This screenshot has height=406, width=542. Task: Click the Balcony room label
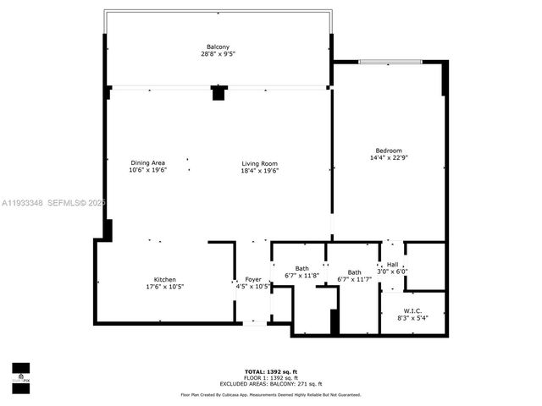(x=218, y=47)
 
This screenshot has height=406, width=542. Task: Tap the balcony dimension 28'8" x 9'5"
(x=218, y=54)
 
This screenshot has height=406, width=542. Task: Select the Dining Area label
(x=147, y=163)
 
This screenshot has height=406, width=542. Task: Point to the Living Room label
(x=260, y=163)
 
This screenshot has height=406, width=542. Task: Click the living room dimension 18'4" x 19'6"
(x=260, y=171)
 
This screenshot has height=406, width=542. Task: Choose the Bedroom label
(x=390, y=150)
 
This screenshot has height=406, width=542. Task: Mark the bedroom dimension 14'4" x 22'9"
(x=390, y=157)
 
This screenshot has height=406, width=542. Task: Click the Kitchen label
(x=164, y=279)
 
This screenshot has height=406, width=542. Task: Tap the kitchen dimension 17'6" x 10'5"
(x=164, y=287)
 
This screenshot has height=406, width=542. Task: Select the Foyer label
(x=253, y=279)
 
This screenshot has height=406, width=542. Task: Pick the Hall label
(x=392, y=265)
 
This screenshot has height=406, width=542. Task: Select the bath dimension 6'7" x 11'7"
(x=356, y=279)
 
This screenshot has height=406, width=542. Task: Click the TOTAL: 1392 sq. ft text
(x=271, y=371)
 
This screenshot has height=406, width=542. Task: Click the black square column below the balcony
(x=218, y=93)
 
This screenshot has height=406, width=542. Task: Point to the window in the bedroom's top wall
(x=390, y=62)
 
